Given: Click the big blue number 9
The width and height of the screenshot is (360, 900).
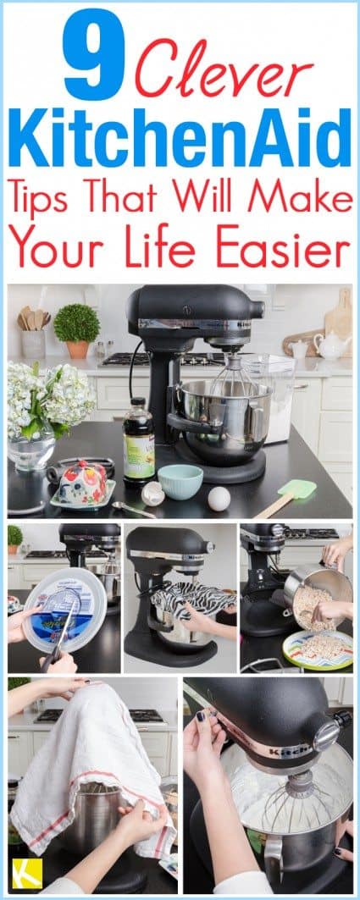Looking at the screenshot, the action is tap(94, 54).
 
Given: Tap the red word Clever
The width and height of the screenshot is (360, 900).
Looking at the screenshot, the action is tap(224, 67).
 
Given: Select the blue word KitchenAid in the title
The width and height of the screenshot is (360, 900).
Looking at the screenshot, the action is tap(180, 138).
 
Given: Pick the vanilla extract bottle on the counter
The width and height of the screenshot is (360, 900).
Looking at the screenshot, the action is tap(138, 439).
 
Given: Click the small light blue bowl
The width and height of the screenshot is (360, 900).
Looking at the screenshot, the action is tap(180, 481).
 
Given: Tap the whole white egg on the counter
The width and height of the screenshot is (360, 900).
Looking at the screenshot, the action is tap(219, 498).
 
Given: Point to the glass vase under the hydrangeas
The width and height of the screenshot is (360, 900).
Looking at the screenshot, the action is tap(31, 451).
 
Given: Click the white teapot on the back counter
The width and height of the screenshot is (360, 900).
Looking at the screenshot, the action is tap(330, 345).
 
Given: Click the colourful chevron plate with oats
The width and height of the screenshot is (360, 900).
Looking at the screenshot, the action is tap(318, 649).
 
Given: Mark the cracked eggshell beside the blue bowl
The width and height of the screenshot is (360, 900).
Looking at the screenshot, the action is tap(152, 494).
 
